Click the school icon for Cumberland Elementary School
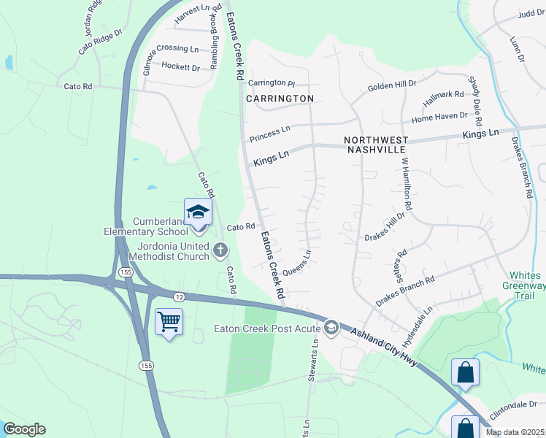pos(198,212)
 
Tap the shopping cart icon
pos(169,320)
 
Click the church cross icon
pos(220,252)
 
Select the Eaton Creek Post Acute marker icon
pos(331,327)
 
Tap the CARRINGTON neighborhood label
pos(280,98)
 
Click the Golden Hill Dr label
pos(392,85)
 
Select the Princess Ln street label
pos(269,133)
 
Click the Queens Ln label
pos(296,264)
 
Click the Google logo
pos(24,429)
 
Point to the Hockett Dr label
pos(180,67)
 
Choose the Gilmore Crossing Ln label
pos(171,49)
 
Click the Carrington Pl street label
pos(271,83)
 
